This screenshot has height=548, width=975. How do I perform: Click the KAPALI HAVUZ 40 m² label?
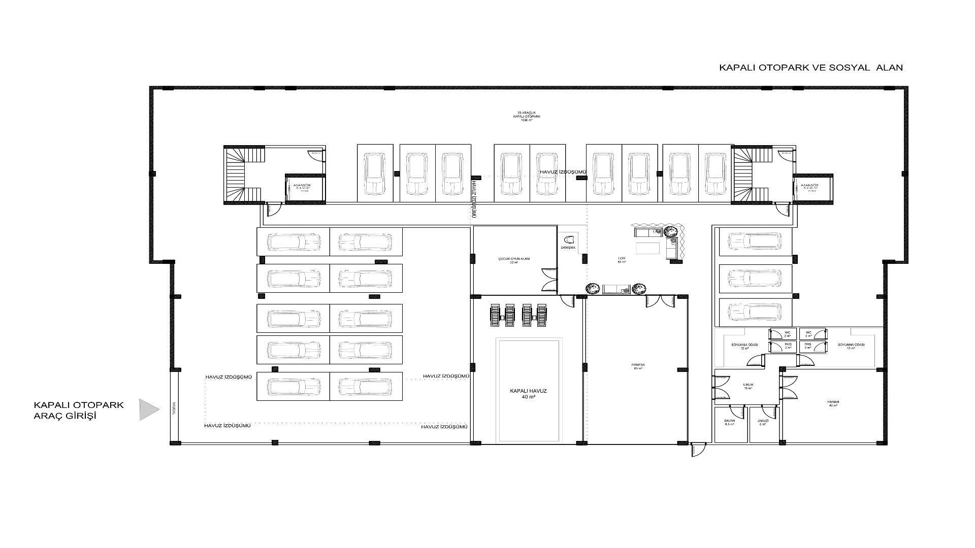(528, 394)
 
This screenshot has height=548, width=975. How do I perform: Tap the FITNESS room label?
(638, 366)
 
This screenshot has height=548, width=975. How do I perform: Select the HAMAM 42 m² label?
(833, 403)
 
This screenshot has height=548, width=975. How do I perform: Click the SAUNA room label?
(730, 422)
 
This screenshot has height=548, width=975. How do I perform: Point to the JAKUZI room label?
(762, 422)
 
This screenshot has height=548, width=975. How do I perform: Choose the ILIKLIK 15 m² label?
(748, 386)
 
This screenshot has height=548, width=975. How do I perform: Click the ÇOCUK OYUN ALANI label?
(514, 260)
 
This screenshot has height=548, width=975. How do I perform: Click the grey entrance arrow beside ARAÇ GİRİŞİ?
(149, 409)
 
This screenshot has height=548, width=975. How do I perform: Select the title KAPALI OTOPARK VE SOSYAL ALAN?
(811, 67)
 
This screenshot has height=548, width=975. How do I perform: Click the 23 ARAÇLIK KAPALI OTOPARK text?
(529, 116)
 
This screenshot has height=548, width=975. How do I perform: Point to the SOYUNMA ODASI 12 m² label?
(744, 346)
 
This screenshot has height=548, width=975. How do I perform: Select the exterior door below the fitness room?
(698, 450)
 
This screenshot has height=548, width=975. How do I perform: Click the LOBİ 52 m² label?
(622, 260)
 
